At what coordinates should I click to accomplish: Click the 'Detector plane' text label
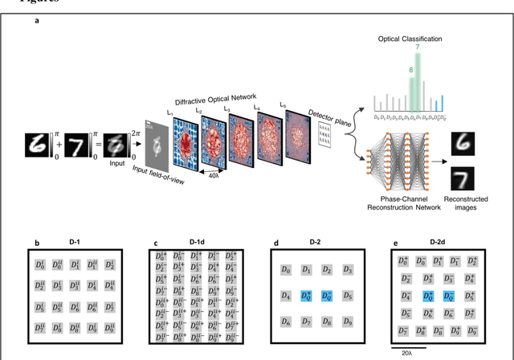[x=326, y=112]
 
